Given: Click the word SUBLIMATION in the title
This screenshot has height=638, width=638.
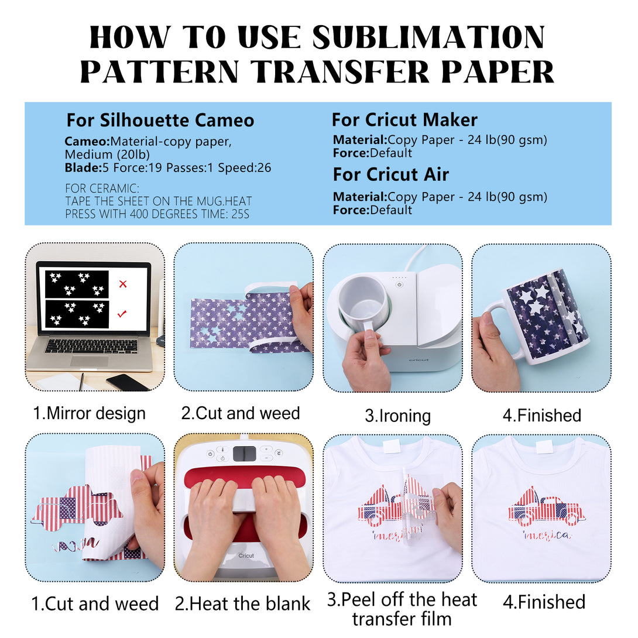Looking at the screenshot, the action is pos(428,37).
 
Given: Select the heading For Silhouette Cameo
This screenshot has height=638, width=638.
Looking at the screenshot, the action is pos(160,120).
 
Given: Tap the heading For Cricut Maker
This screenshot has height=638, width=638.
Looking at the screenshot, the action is pos(404,119).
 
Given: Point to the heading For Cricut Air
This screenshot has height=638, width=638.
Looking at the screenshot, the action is pos(390,174).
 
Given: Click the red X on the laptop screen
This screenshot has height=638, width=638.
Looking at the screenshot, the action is pos(123,284).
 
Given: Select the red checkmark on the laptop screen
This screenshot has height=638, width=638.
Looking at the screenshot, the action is pos(122,314).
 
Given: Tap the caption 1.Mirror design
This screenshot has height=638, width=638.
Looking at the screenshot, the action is pos(89,413).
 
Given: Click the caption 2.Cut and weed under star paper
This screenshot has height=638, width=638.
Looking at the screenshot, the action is pos(241,413).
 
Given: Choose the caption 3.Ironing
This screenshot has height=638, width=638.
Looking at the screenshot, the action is pos(397,416).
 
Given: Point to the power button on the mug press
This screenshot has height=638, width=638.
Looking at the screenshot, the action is pos(399,285).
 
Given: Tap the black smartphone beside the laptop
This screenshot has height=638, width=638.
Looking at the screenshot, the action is pos(128,382).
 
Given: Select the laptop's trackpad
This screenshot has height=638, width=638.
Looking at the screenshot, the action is pos(90,361).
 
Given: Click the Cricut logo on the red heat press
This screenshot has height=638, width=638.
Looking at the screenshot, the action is pos(246,555).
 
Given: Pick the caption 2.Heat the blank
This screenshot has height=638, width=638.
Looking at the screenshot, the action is pos(242,604).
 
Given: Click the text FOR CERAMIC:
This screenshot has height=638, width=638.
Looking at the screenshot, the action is pos(102,188).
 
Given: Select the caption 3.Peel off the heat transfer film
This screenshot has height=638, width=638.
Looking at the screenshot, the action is pos(402,609).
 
